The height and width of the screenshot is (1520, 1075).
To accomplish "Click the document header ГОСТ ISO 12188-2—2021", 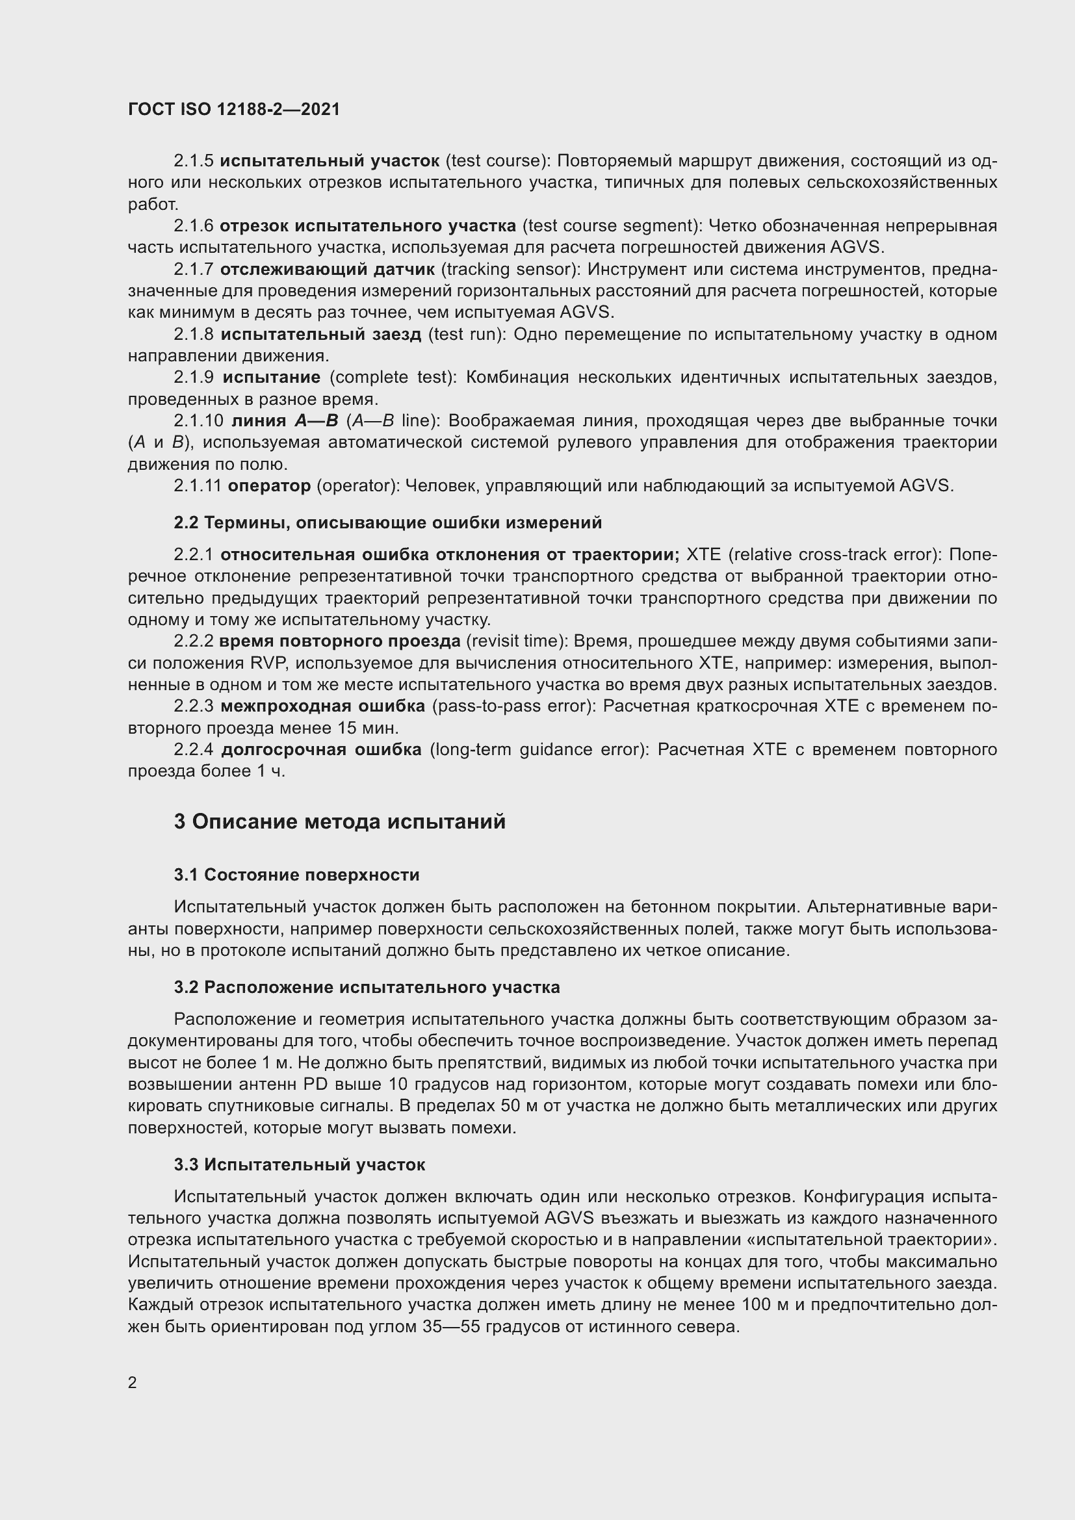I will (x=234, y=109).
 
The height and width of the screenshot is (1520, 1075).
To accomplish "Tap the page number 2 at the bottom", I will (x=133, y=1382).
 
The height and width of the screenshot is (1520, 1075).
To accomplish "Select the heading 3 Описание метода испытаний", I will (x=339, y=821).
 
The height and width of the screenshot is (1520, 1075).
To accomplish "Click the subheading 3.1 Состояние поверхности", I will (x=296, y=875).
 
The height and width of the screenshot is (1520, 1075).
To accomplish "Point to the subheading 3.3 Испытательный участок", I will (x=299, y=1165).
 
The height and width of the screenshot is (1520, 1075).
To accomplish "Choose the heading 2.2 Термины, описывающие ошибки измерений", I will (x=388, y=523).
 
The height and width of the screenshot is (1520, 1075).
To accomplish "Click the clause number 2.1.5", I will (x=193, y=161).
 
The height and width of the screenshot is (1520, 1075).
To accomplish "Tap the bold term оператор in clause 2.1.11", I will (x=269, y=486).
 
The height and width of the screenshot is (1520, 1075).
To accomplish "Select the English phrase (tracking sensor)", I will (x=510, y=270).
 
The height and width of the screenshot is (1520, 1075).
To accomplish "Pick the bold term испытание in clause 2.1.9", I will (x=272, y=378).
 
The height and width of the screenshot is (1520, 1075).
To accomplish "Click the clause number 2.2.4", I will (x=193, y=749).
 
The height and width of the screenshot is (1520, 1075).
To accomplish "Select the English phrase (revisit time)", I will (x=516, y=641).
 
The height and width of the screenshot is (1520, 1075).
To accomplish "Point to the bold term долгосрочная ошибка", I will (x=321, y=749).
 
